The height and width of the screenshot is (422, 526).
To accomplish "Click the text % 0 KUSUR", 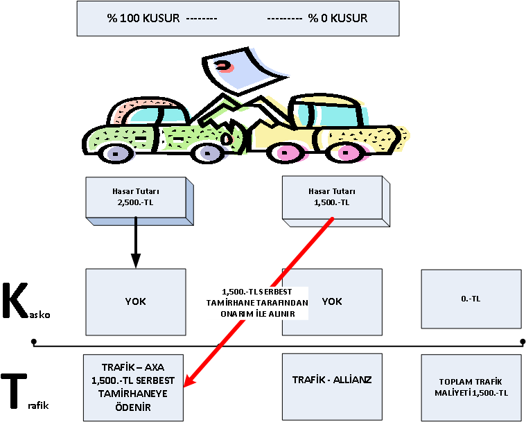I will pyautogui.click(x=338, y=18).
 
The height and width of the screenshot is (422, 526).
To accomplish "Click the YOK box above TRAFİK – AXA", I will pyautogui.click(x=135, y=301).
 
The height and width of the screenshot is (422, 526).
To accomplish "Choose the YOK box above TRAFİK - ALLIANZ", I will pyautogui.click(x=332, y=301).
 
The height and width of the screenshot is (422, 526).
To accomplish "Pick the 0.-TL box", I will pyautogui.click(x=471, y=299).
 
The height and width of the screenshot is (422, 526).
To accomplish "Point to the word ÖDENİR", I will pyautogui.click(x=133, y=408).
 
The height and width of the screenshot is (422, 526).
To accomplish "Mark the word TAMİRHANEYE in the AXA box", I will pyautogui.click(x=133, y=394).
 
